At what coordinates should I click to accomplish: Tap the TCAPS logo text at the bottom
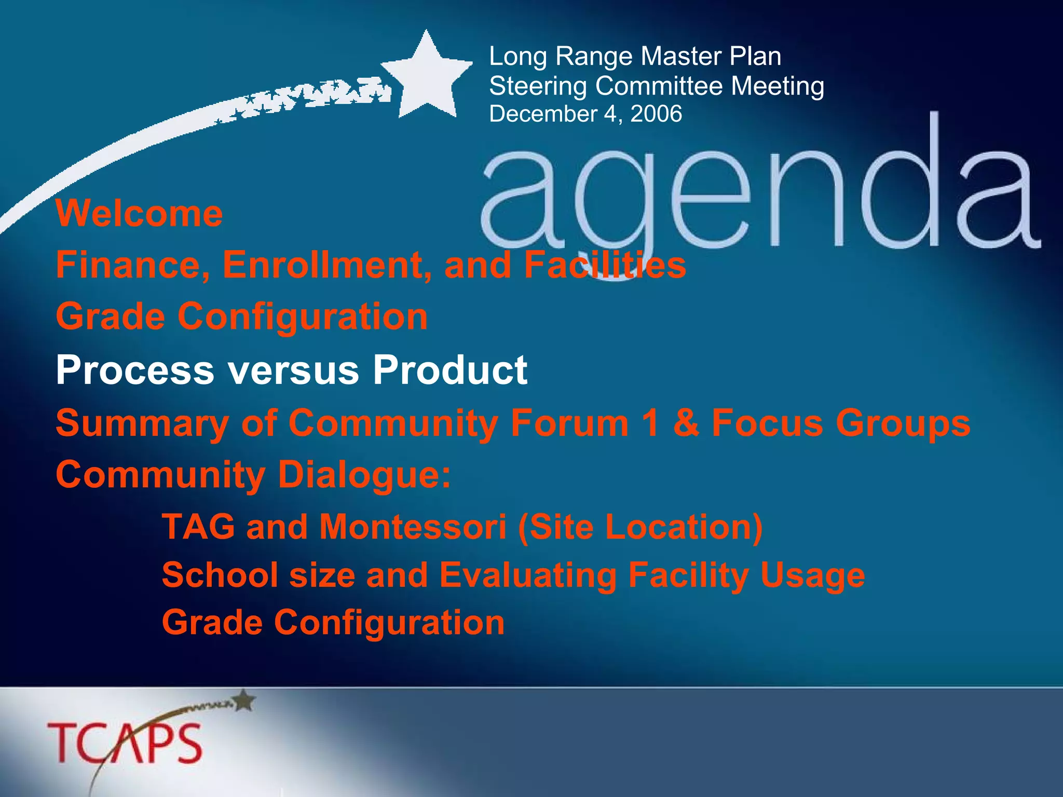tap(125, 743)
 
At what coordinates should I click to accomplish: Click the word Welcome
tap(139, 213)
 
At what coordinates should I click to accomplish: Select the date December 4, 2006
tap(585, 114)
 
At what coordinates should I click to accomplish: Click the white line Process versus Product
tap(291, 370)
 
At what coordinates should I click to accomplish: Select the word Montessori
tap(413, 527)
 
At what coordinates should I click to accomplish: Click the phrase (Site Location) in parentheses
tap(640, 527)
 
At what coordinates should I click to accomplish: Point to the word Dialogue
tap(364, 475)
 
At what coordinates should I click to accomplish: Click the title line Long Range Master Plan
tap(635, 56)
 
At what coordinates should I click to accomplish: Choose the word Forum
tap(569, 422)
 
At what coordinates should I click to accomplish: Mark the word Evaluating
tap(528, 575)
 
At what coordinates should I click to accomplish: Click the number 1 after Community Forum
tap(651, 422)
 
